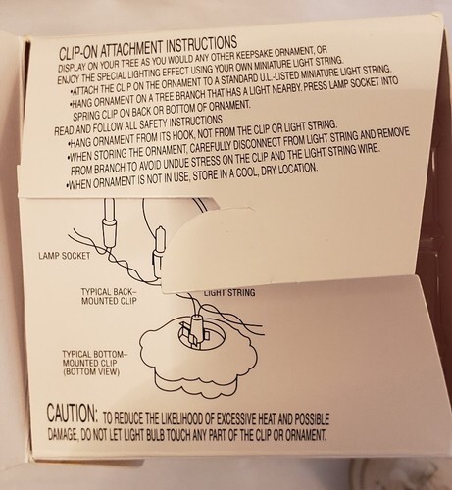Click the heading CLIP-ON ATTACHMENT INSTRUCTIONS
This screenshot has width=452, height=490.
(x=148, y=47)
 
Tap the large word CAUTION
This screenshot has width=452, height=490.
(x=73, y=414)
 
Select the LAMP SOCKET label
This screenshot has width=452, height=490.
(x=65, y=256)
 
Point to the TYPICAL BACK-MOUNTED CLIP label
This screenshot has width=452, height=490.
(x=109, y=296)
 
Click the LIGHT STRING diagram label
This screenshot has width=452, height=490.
(x=229, y=292)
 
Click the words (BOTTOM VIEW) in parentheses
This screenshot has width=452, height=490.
(x=91, y=371)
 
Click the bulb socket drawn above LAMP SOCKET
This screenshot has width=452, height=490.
(x=109, y=232)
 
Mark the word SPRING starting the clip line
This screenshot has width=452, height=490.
(x=83, y=116)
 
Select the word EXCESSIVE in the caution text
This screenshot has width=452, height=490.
(x=234, y=419)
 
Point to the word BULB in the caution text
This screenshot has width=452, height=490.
(x=158, y=435)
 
